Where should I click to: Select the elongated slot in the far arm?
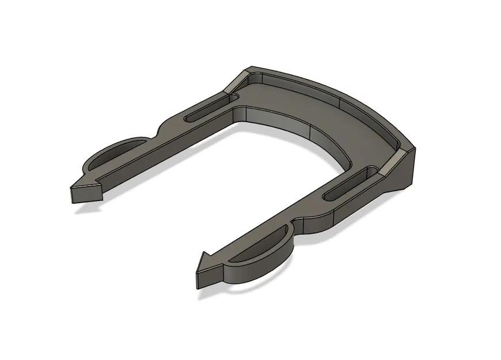pyautogui.click(x=204, y=109)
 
